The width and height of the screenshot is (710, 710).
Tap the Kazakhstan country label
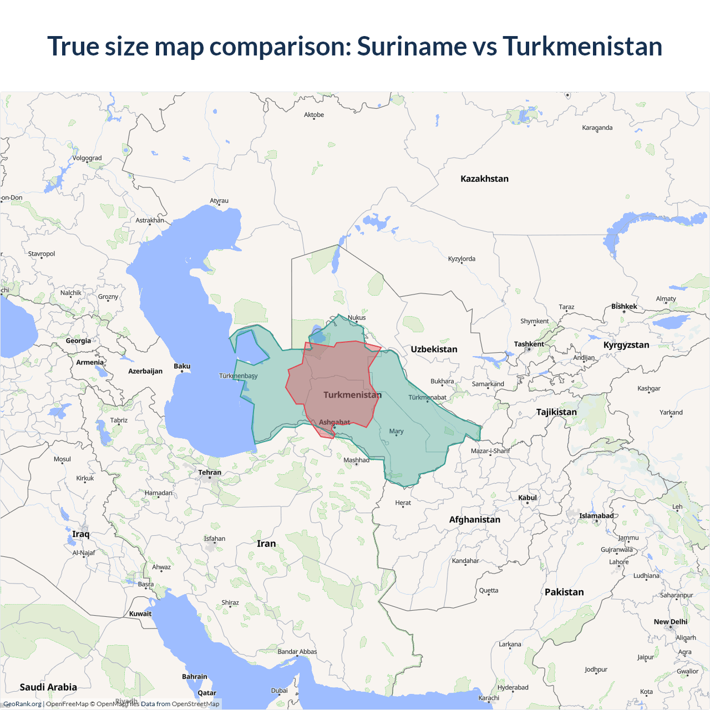484,179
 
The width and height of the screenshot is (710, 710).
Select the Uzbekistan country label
434,349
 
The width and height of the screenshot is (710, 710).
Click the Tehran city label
210,473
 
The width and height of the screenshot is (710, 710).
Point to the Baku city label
182,366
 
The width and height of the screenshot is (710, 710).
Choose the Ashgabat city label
334,422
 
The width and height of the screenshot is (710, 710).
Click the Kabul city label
528,498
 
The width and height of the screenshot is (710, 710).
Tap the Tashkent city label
529,344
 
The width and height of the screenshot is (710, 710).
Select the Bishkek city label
624,306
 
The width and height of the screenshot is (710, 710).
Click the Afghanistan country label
475,519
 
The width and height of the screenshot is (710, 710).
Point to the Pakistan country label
564,592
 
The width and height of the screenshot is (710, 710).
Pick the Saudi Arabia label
48,687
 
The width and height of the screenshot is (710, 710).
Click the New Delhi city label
670,622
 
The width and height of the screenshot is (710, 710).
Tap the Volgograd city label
87,158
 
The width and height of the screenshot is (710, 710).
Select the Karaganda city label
597,128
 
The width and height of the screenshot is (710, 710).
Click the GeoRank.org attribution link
22,704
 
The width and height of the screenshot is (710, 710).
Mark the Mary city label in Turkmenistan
396,431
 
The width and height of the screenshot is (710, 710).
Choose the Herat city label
403,503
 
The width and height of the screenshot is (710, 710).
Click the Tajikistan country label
556,412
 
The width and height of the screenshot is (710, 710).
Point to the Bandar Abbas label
297,651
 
